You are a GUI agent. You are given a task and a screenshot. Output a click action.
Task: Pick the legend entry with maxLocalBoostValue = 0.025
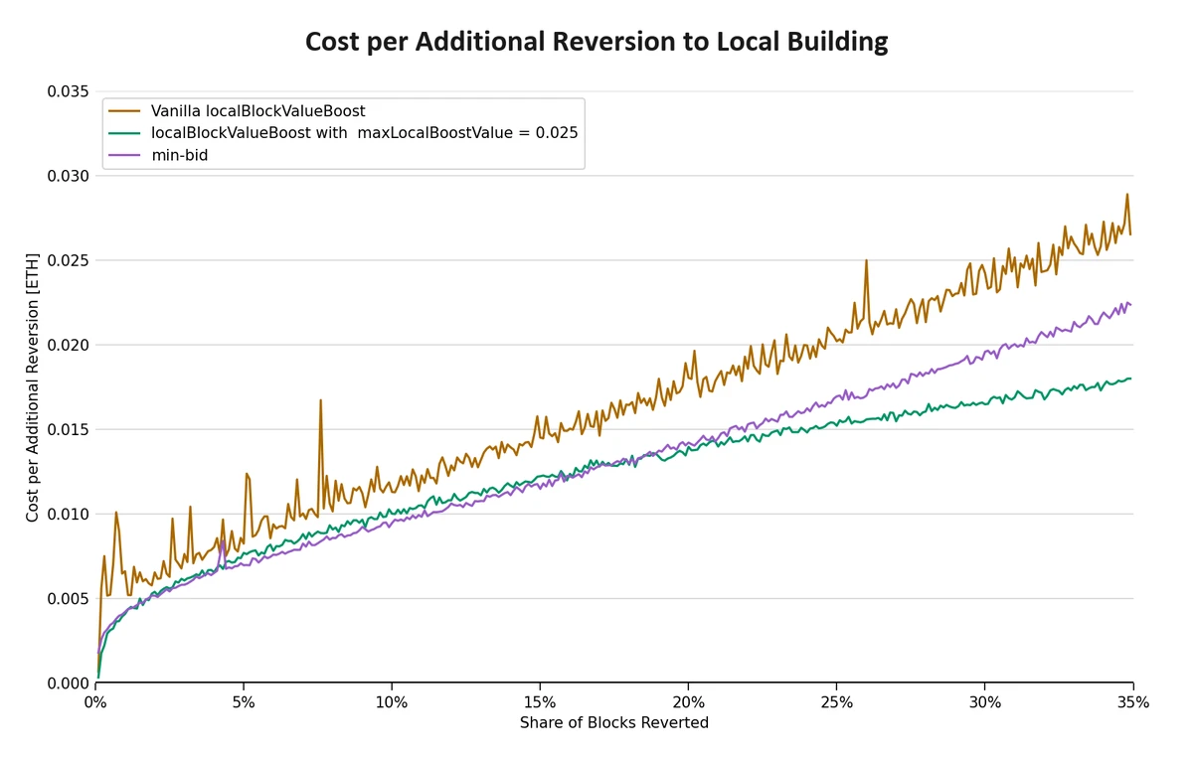(364, 132)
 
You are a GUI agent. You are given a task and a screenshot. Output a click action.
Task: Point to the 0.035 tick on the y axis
(68, 91)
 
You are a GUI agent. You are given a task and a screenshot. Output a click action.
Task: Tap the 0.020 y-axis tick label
(68, 345)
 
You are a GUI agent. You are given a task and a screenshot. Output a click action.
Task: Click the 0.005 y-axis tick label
(68, 599)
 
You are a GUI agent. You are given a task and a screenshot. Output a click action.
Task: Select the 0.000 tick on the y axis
(68, 683)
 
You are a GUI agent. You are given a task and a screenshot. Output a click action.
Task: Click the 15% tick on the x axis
(540, 702)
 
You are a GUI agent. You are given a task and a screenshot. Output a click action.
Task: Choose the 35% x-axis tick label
(1132, 702)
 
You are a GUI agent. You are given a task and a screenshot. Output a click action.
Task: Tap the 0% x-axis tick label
(95, 702)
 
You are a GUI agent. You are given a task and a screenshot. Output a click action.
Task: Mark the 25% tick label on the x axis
(836, 702)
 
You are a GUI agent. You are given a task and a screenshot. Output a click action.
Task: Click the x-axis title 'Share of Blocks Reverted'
(613, 723)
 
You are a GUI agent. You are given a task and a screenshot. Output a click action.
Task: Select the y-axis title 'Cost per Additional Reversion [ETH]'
(33, 386)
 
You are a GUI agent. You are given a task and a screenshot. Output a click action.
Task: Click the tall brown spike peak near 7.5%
(320, 400)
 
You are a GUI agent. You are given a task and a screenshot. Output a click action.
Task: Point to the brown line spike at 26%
(866, 260)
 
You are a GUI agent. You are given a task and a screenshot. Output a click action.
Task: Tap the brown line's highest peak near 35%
(1126, 195)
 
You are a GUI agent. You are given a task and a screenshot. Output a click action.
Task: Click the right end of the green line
(1130, 379)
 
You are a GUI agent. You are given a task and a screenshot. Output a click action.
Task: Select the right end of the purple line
(1130, 304)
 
